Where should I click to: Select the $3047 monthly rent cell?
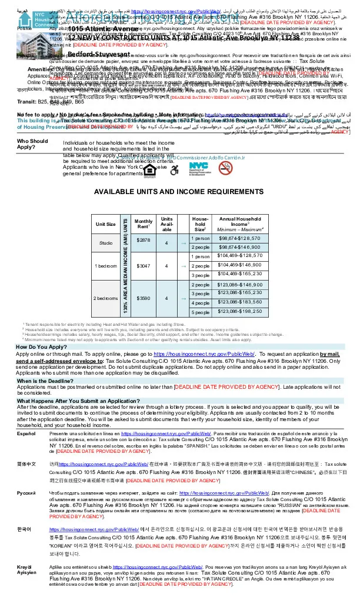pyautogui.click(x=144, y=265)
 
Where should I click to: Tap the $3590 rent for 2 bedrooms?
pyautogui.click(x=144, y=298)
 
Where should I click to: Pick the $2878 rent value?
pyautogui.click(x=144, y=239)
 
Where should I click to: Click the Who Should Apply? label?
pyautogui.click(x=33, y=144)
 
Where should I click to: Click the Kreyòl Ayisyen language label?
pyautogui.click(x=27, y=570)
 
